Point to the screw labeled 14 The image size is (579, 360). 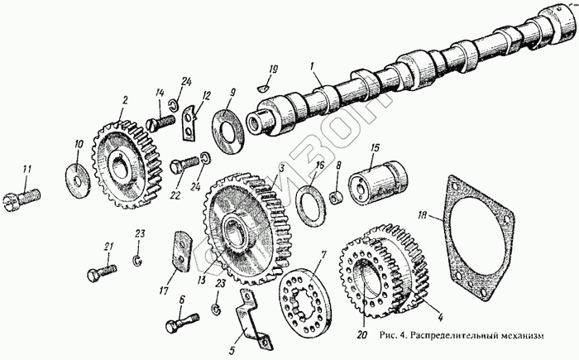[159, 122]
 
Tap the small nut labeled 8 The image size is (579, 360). [337, 198]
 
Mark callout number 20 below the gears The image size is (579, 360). [361, 335]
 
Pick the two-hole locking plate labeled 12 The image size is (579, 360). [189, 121]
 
